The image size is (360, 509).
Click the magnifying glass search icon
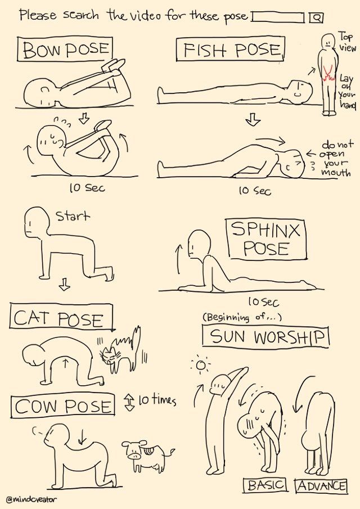click(x=316, y=17)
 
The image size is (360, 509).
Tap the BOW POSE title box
click(x=65, y=49)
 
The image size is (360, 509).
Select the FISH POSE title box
click(x=230, y=49)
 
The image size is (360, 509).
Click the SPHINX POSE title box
click(x=267, y=240)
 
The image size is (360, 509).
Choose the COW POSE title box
click(x=63, y=405)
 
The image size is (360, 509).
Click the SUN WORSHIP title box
click(x=265, y=337)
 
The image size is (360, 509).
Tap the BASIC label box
click(x=265, y=485)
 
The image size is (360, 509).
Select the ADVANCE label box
click(x=321, y=485)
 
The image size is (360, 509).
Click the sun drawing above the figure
click(x=201, y=366)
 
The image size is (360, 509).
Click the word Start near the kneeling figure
click(x=73, y=215)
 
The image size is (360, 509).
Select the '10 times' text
click(x=157, y=400)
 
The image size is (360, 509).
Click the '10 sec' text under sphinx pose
click(x=263, y=301)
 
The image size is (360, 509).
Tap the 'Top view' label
click(x=347, y=42)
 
